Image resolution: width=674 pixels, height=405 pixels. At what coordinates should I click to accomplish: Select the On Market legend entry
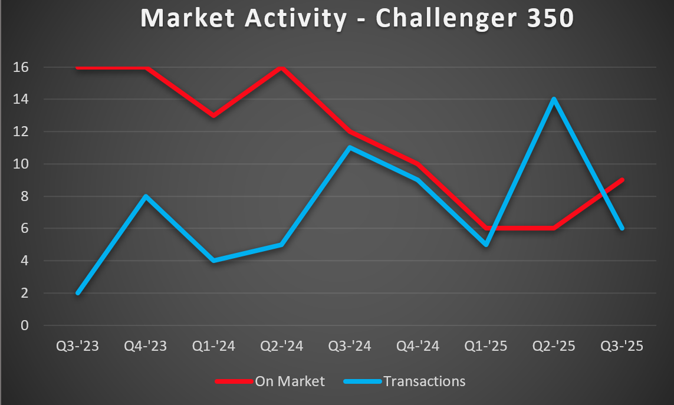(290, 381)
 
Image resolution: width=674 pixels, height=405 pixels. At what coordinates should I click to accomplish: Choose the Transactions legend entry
(424, 381)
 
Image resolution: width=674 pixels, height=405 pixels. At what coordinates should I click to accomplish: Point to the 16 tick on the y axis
(21, 67)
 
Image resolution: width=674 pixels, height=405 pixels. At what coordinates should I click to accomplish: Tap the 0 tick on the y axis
(25, 325)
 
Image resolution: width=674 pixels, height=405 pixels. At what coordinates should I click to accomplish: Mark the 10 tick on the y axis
(21, 164)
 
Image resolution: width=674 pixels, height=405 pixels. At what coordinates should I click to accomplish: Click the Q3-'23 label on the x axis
(78, 346)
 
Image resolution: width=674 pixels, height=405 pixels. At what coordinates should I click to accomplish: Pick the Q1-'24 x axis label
(214, 346)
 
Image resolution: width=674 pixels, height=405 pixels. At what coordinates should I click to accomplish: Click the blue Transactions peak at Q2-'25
(554, 99)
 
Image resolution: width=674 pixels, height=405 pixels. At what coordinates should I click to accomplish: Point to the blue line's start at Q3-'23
(78, 292)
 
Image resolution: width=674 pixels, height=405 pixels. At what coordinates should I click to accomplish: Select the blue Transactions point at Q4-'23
(146, 196)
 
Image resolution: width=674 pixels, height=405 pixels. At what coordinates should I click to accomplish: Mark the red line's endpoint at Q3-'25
(622, 180)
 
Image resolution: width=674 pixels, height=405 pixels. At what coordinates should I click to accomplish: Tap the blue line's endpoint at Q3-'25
(622, 228)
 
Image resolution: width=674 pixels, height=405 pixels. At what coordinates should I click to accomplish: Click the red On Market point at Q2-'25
(554, 228)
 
